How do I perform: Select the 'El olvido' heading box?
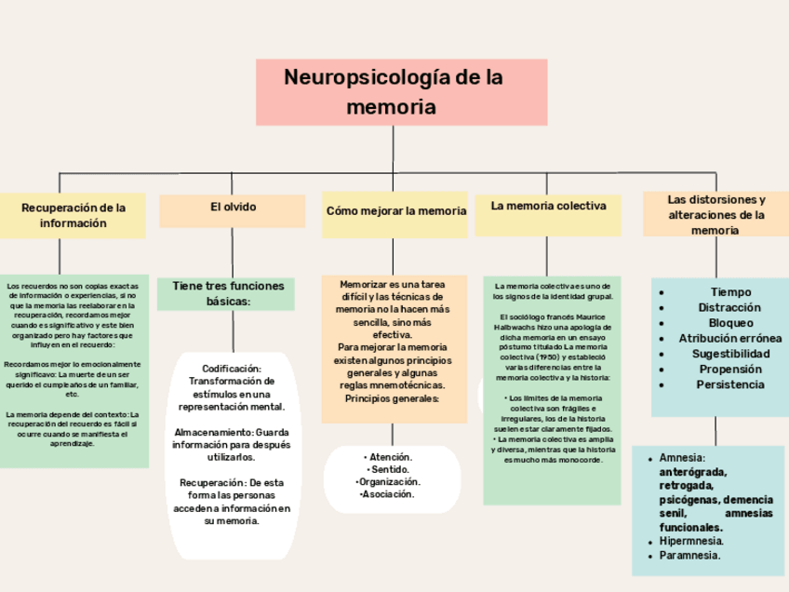tap(233, 209)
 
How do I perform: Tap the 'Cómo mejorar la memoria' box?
tap(396, 211)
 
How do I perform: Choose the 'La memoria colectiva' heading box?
tap(548, 208)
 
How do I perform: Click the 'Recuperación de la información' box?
tap(73, 216)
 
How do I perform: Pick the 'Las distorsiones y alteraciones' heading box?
tap(715, 215)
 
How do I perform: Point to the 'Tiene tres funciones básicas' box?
tap(227, 293)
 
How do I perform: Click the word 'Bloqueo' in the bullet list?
tap(730, 323)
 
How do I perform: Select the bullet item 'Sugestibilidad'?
tap(730, 354)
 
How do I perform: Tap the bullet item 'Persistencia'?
tap(730, 384)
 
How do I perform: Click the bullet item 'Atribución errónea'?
tap(730, 338)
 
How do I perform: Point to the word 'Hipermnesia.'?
tap(691, 541)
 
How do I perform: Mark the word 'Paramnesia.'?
tap(689, 556)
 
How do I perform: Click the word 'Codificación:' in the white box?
tap(232, 370)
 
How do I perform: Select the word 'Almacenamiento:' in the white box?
tap(213, 433)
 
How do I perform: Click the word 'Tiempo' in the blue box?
tap(730, 292)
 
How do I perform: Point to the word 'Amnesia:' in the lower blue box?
tap(682, 458)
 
